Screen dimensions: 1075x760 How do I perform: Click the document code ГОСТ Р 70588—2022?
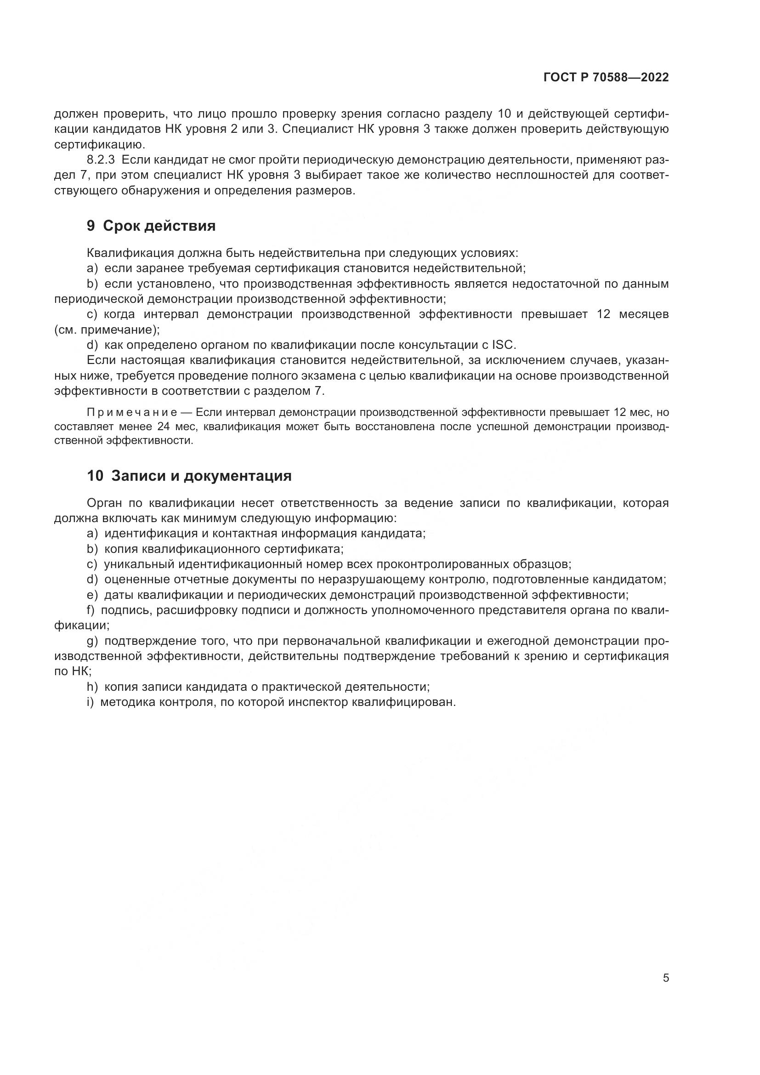[606, 78]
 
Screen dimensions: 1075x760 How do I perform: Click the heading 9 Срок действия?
[151, 226]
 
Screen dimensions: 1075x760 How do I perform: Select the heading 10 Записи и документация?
[189, 476]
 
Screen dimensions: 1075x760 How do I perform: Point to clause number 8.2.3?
[101, 160]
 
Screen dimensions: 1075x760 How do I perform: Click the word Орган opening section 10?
[104, 503]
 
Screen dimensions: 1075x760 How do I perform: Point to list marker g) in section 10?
[92, 641]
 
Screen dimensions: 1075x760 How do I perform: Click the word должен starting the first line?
[75, 114]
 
